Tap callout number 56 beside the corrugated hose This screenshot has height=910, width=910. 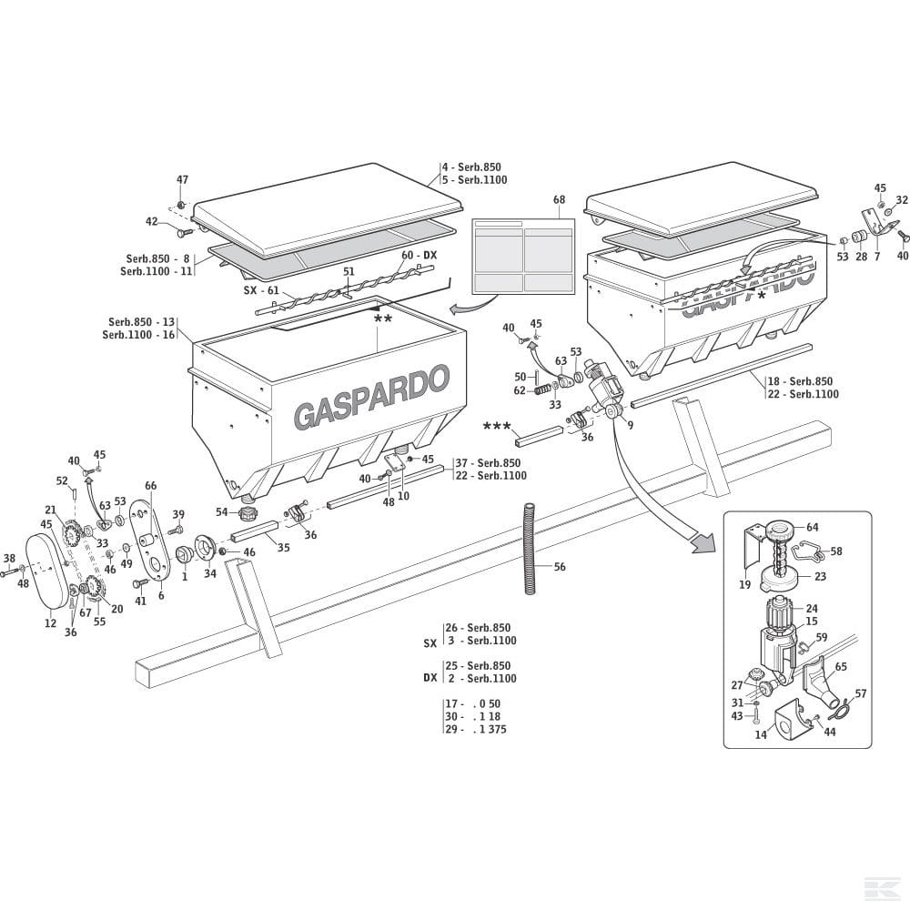point(560,567)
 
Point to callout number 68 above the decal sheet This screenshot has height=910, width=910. point(559,200)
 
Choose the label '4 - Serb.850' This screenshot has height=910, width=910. point(471,167)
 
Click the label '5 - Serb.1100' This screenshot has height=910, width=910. point(474,180)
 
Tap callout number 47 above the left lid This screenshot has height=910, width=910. point(182,180)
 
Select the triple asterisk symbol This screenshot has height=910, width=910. point(497,426)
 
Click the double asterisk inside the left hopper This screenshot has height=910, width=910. point(383,319)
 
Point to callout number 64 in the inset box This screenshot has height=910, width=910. point(812,527)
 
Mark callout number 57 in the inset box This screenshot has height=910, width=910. point(861,693)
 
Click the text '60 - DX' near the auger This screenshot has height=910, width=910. point(419,256)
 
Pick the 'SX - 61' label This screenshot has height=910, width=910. point(261,289)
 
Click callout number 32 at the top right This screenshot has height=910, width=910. point(902,199)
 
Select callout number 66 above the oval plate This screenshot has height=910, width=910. point(151,487)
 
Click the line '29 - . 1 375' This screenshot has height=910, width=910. point(475,729)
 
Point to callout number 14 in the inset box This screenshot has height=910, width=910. point(761,734)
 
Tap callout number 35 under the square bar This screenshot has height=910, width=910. point(283,548)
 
